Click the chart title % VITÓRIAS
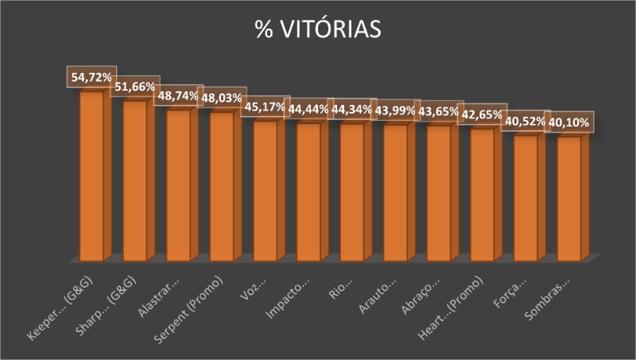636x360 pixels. click(318, 29)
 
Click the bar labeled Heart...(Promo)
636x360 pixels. click(483, 195)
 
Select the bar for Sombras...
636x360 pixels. click(569, 199)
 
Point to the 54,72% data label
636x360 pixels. click(89, 77)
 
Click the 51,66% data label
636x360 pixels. click(134, 87)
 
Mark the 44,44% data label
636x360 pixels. click(308, 109)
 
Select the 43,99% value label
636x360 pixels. click(394, 110)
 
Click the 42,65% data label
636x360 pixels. click(481, 114)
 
